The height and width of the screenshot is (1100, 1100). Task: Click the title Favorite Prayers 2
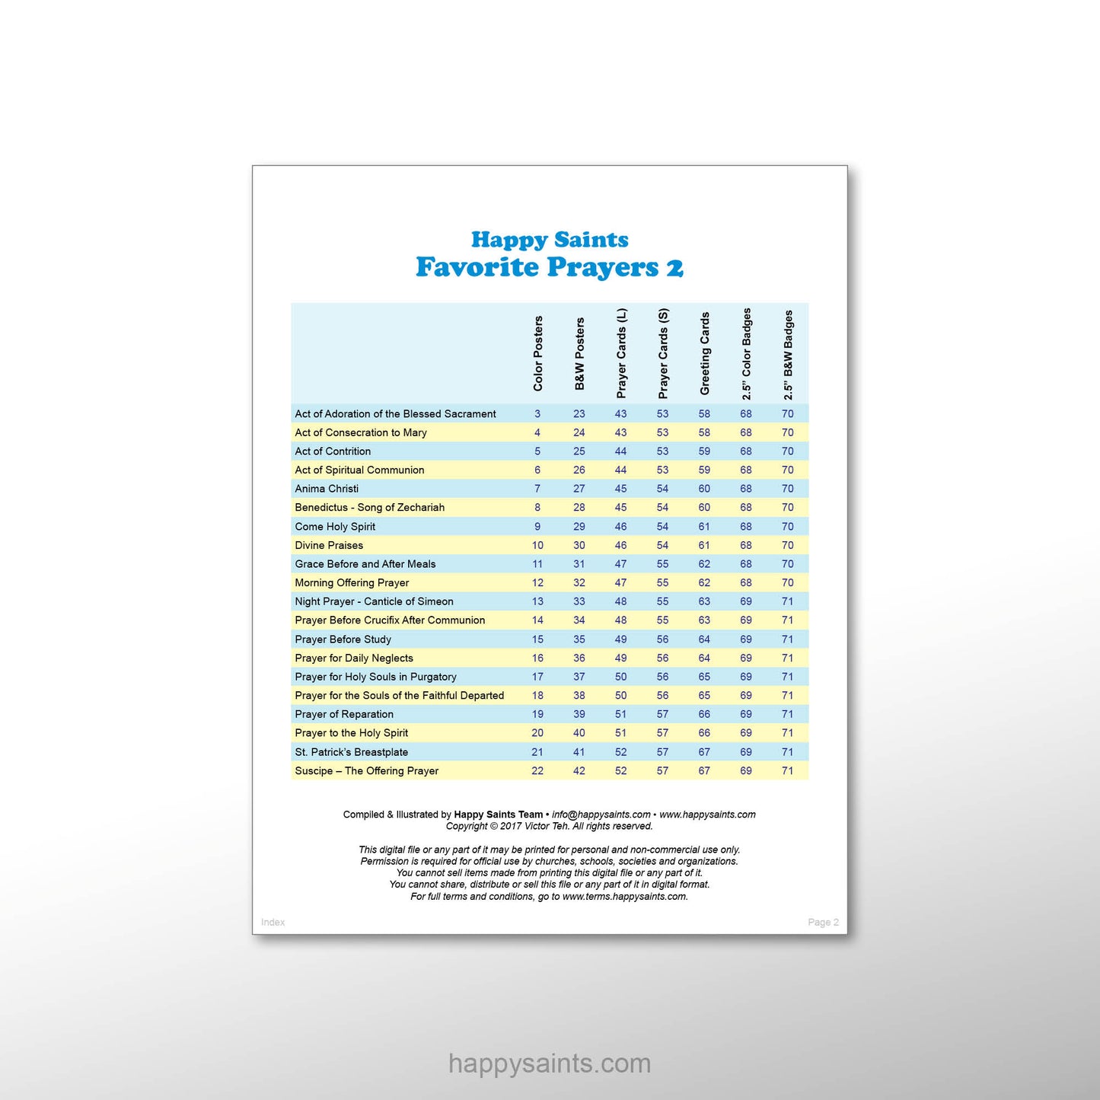(x=549, y=267)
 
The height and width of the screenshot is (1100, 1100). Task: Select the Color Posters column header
(x=538, y=353)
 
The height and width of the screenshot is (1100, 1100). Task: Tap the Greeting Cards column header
(x=705, y=353)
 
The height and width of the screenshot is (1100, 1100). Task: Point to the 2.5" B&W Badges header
(x=788, y=355)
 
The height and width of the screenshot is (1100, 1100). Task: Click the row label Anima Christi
(x=327, y=489)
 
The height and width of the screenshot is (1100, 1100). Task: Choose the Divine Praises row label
(x=329, y=545)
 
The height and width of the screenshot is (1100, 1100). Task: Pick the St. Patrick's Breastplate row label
(x=352, y=752)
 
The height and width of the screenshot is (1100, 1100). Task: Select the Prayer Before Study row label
(x=343, y=639)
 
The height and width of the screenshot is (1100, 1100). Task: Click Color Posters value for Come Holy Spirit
(x=537, y=527)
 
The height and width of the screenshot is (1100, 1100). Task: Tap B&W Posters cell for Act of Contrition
(x=579, y=451)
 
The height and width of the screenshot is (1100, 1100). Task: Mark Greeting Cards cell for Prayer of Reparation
(x=704, y=714)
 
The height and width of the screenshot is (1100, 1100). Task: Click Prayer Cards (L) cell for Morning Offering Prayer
(x=621, y=582)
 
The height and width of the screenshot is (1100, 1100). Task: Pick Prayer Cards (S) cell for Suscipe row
(x=662, y=770)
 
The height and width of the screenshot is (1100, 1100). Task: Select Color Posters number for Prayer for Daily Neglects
(x=537, y=658)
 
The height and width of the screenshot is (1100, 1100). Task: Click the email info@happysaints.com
(x=601, y=815)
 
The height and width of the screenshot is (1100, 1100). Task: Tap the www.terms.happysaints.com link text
(x=624, y=897)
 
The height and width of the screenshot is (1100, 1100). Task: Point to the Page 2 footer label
(x=823, y=922)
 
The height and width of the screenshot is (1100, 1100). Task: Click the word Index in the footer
(x=273, y=922)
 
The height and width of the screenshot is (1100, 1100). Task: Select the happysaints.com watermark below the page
(x=550, y=1063)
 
